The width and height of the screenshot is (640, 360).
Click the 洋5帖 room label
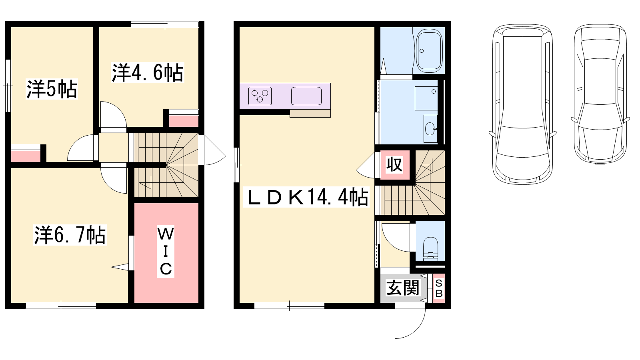coord(52,89)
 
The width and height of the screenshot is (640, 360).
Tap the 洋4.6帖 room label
coord(148,72)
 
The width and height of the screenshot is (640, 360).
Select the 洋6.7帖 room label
coord(70,235)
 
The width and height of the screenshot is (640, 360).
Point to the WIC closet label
coord(166,251)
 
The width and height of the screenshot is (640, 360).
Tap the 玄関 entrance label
coord(402,288)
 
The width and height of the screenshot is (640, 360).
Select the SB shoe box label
coord(439,288)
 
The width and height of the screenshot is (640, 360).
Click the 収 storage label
coord(394,164)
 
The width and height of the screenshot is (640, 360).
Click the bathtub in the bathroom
coord(430,51)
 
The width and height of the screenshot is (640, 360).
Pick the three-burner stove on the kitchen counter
coord(260,96)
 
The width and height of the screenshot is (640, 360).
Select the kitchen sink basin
coord(306,96)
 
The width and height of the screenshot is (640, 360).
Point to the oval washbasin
coord(430,129)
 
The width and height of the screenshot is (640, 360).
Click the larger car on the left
coord(522,104)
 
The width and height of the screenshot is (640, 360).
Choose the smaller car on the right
coord(600,94)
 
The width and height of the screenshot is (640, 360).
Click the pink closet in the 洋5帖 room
coord(26,156)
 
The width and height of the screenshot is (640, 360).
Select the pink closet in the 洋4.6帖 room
coord(184,121)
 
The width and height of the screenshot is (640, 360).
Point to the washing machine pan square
coord(426,98)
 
